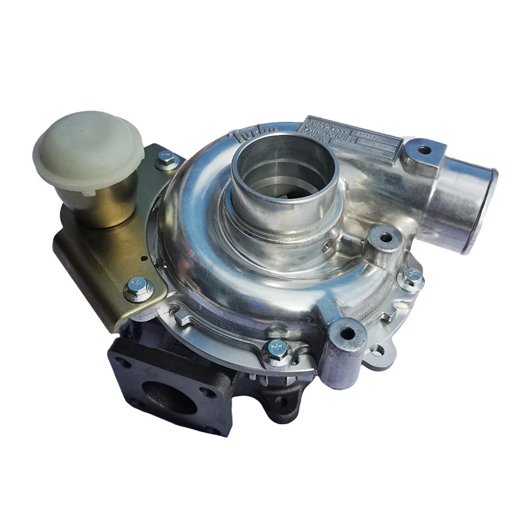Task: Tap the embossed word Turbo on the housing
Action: tap(244, 136)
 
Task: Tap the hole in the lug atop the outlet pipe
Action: tap(424, 150)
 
